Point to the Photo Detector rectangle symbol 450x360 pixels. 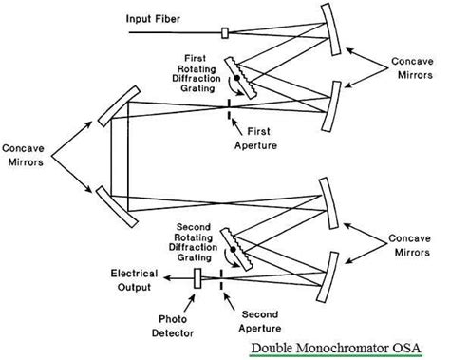(x=197, y=278)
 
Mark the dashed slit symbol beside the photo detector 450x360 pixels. (x=221, y=278)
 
